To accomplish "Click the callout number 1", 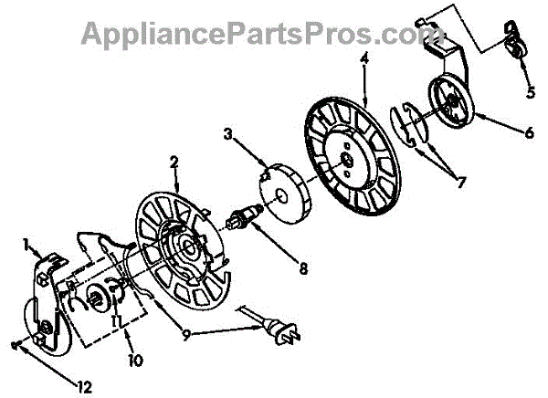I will [28, 245].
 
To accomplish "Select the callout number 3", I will [228, 135].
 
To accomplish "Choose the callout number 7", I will [460, 182].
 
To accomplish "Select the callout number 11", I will [117, 322].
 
